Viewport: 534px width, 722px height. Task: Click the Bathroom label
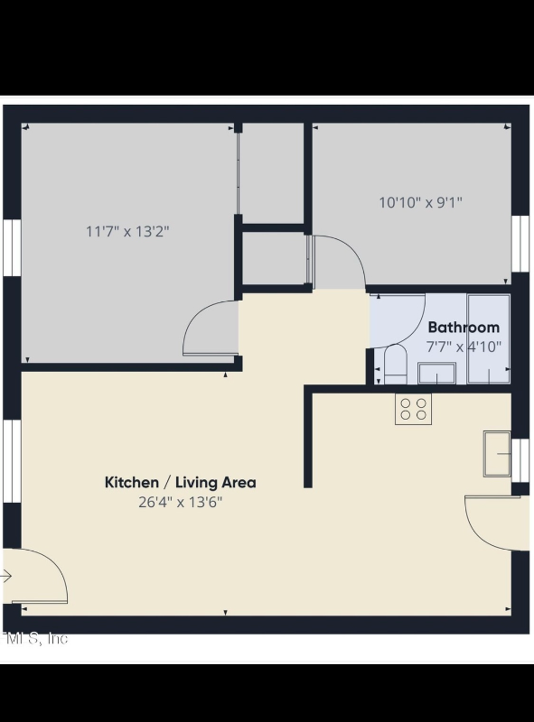pyautogui.click(x=463, y=328)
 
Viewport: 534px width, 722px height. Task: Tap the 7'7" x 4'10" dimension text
pyautogui.click(x=463, y=346)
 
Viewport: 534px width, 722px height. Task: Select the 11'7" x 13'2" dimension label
pyautogui.click(x=127, y=231)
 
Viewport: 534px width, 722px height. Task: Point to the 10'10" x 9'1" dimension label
pyautogui.click(x=420, y=202)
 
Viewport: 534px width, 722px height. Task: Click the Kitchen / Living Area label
pyautogui.click(x=181, y=482)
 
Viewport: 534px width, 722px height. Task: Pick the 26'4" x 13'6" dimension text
pyautogui.click(x=181, y=502)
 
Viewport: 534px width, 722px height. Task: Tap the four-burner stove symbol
pyautogui.click(x=414, y=409)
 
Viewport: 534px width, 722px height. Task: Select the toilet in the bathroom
pyautogui.click(x=395, y=366)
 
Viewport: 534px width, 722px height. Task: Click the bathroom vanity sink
pyautogui.click(x=436, y=373)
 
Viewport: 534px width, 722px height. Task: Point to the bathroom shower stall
pyautogui.click(x=489, y=338)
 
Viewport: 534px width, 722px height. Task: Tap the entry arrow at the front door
pyautogui.click(x=7, y=577)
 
